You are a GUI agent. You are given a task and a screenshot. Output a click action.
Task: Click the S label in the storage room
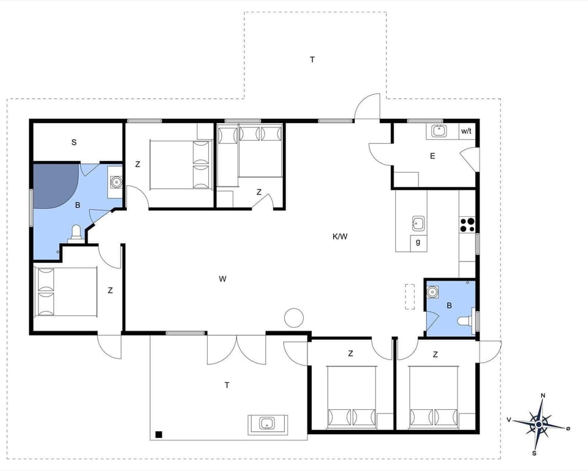click(x=73, y=143)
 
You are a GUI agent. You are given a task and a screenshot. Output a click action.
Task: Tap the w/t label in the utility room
click(x=466, y=131)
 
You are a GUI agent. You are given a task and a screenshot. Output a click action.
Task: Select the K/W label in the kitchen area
click(x=340, y=237)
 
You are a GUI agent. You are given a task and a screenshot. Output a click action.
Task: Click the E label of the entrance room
click(x=432, y=156)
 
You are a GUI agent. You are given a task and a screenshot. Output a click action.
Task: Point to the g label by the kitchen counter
click(x=418, y=243)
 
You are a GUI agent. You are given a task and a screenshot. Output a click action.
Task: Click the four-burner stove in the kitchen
click(x=467, y=225)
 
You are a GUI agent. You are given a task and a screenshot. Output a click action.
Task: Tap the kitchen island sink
click(x=418, y=222)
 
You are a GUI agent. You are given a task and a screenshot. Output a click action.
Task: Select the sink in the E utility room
click(x=439, y=130)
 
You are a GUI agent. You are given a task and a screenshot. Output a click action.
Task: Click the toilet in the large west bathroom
click(x=77, y=232)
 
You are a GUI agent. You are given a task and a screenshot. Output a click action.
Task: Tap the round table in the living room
click(x=294, y=317)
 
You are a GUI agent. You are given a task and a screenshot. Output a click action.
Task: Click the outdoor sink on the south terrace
click(x=267, y=423)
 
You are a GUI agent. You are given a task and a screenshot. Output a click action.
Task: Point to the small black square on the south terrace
click(x=159, y=434)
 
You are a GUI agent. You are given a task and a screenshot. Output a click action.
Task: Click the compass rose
click(x=539, y=423)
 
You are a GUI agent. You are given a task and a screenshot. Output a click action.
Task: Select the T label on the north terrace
click(x=312, y=59)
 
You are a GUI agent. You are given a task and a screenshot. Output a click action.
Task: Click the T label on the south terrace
click(x=227, y=385)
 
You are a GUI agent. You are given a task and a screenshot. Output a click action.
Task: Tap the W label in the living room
click(x=223, y=279)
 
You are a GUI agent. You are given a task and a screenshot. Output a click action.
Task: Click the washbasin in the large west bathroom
click(x=115, y=182)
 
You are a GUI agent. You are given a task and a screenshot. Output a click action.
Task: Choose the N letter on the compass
click(x=543, y=396)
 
